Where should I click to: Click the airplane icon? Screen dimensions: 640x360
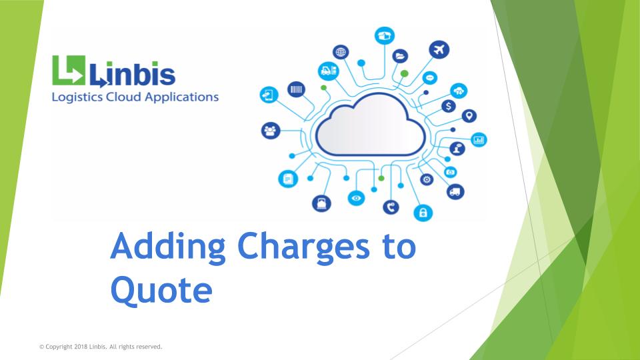tap(439, 50)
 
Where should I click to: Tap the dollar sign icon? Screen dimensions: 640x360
tap(449, 106)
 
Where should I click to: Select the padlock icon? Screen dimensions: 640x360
tap(423, 213)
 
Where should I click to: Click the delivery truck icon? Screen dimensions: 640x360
tap(455, 191)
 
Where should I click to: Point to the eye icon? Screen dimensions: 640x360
tap(356, 198)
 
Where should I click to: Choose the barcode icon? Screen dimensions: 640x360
tap(296, 89)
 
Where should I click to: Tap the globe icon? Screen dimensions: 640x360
tap(341, 52)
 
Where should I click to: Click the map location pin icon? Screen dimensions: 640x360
tap(469, 116)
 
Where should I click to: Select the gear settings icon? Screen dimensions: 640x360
tap(427, 179)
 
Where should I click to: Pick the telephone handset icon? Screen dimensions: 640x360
tap(391, 207)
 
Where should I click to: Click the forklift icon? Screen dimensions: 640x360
tap(329, 71)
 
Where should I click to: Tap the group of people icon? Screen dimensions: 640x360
tap(271, 131)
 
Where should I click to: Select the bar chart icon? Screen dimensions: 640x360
tap(479, 139)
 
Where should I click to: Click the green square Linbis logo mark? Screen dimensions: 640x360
tap(69, 70)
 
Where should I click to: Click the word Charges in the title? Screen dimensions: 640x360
tap(303, 247)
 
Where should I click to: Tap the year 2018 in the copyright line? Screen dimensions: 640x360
tap(81, 347)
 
